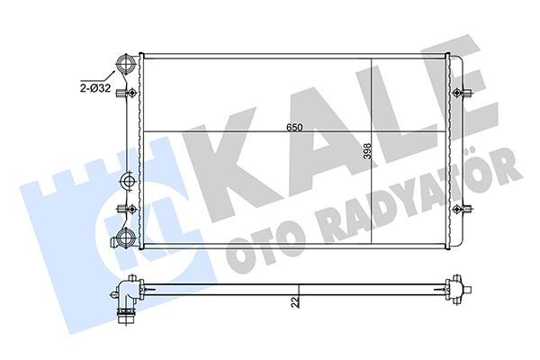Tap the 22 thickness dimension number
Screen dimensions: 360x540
293,303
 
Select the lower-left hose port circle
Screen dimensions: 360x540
125,238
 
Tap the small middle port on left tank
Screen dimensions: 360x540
127,180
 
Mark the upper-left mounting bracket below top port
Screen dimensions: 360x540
132,93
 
